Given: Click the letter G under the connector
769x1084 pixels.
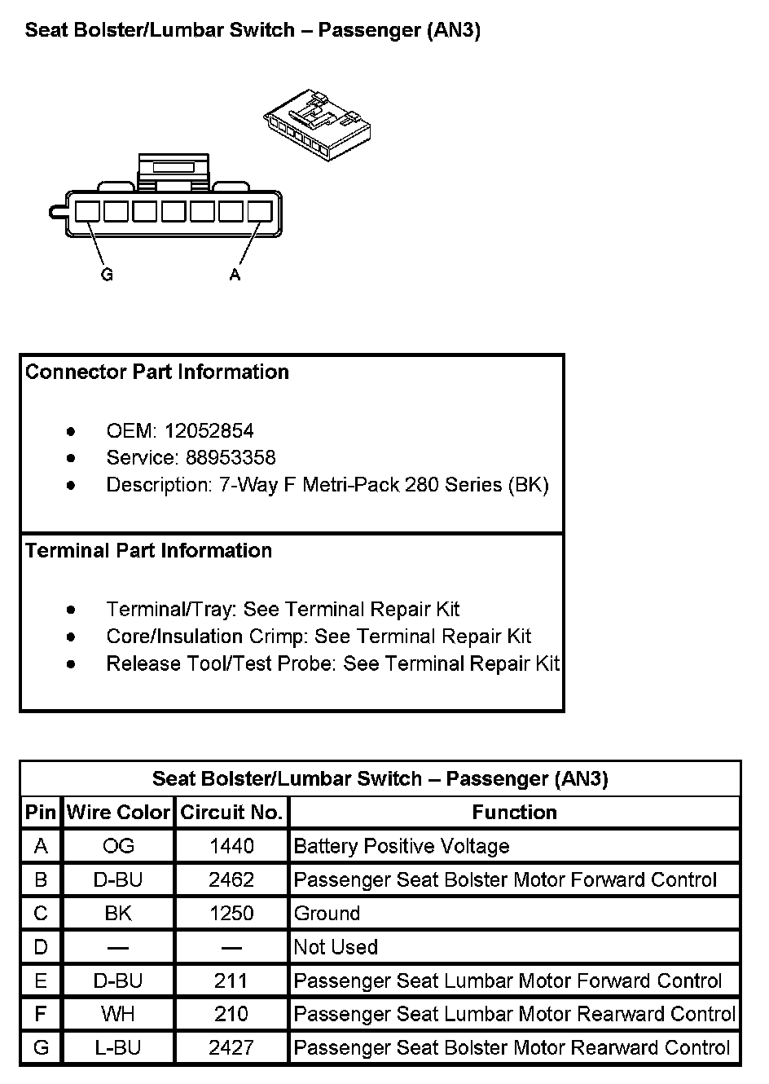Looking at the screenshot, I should point(107,275).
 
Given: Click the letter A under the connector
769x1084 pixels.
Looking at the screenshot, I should point(235,275).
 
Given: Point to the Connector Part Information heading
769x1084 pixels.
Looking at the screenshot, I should point(157,372).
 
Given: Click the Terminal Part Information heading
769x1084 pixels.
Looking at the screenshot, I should point(148,550).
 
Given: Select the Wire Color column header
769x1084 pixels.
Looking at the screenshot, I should point(118,813).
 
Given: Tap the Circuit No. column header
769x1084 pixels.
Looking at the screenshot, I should point(231,813).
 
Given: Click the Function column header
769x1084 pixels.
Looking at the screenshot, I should point(514,813).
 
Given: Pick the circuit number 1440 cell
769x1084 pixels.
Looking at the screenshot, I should point(231,846).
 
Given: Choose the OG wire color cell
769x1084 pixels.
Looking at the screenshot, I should point(118,846).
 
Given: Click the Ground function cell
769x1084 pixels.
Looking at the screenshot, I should point(327,914).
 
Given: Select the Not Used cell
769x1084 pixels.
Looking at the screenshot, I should point(336,947).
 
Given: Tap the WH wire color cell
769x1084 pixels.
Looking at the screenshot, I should point(118,1014).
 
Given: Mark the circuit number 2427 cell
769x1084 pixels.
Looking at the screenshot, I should point(231,1047).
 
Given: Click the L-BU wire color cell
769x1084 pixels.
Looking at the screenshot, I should point(118,1047).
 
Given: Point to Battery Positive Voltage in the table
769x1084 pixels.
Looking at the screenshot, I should point(401,846).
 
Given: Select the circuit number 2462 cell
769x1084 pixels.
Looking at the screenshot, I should point(231,880).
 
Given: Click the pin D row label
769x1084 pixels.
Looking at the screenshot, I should point(41,947).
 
